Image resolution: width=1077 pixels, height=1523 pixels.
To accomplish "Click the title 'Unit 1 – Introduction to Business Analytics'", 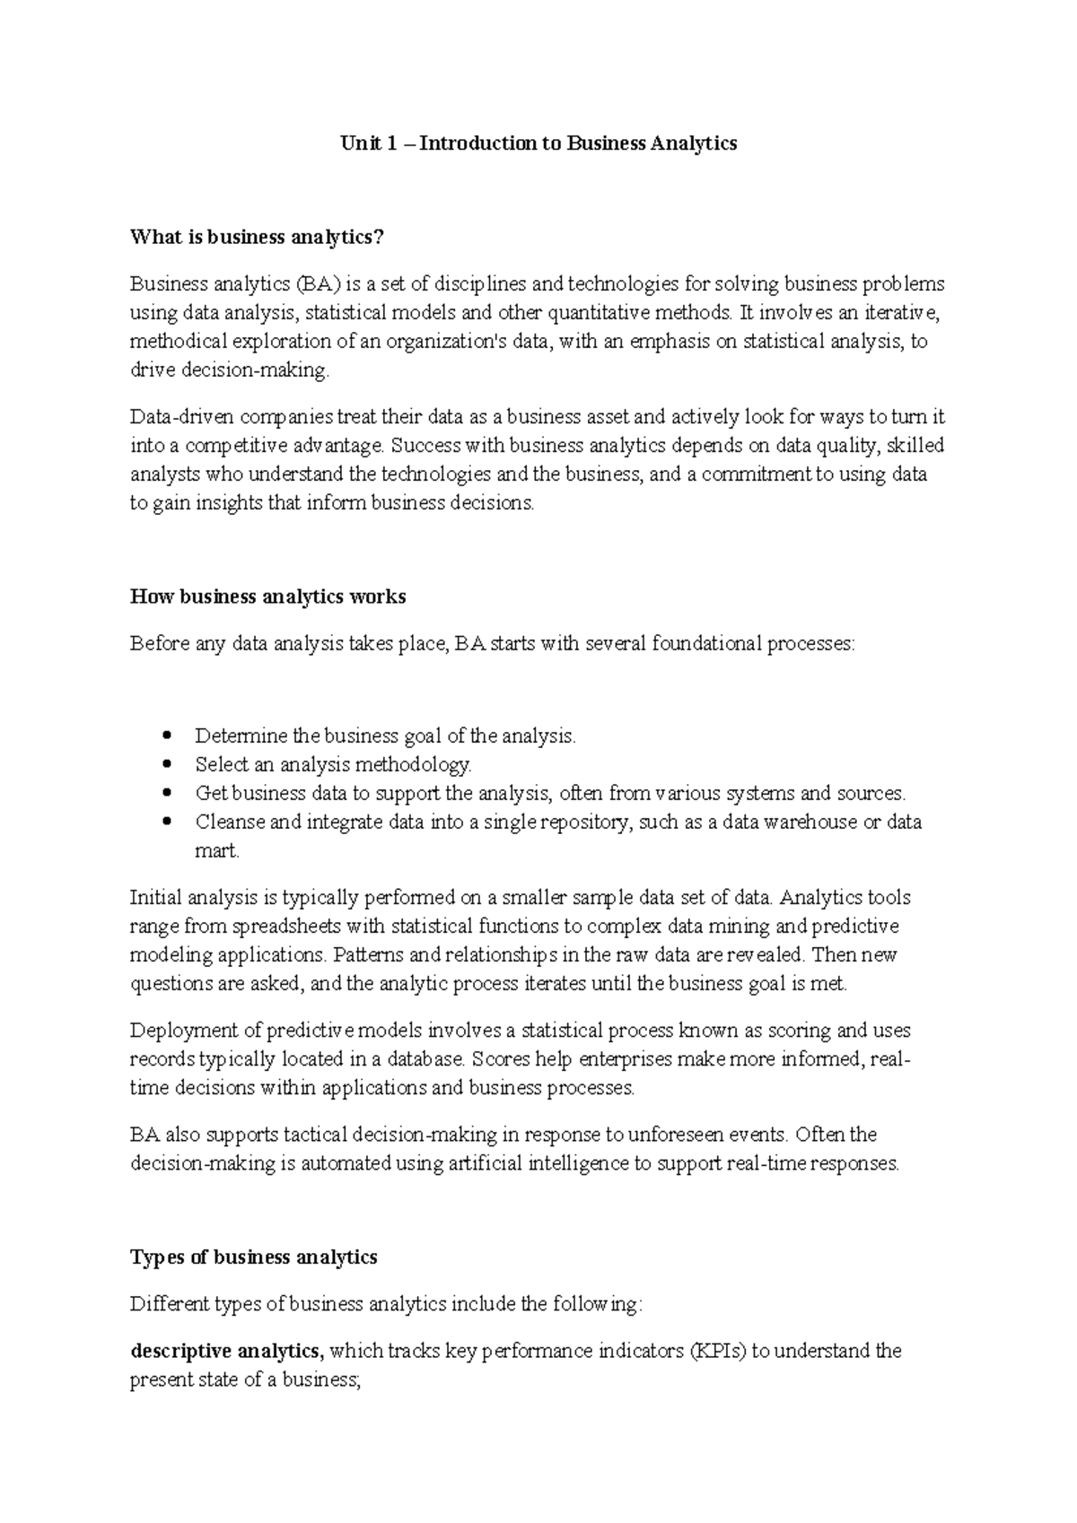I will (x=538, y=144).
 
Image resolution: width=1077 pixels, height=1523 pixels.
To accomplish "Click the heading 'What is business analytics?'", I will (x=257, y=238).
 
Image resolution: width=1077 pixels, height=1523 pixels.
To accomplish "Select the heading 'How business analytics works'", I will (x=267, y=597).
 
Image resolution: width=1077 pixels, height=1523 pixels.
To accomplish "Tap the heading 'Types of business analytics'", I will (x=253, y=1258).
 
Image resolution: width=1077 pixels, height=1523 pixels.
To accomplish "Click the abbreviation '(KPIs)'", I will (x=717, y=1351).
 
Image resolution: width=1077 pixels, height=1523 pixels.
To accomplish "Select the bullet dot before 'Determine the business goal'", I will (x=168, y=736).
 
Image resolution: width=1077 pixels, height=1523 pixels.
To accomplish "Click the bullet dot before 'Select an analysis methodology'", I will (x=168, y=765).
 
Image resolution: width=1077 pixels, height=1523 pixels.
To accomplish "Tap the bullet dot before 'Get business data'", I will (x=168, y=794).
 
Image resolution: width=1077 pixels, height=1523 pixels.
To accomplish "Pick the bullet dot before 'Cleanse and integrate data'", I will (x=168, y=822).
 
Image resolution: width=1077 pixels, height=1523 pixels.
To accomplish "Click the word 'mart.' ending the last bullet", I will (x=217, y=851).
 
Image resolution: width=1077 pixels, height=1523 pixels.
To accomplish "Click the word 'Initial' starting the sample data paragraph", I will (x=156, y=898).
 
